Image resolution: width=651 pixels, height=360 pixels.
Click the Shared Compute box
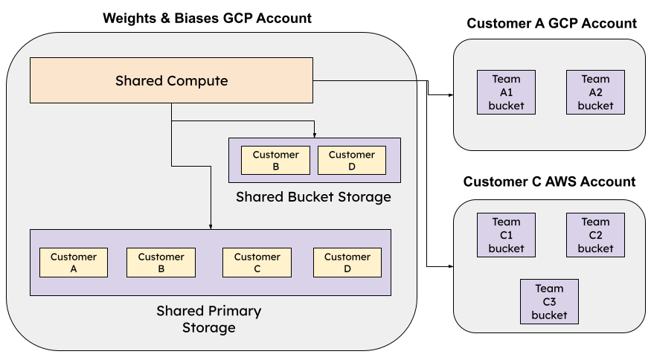coord(171,80)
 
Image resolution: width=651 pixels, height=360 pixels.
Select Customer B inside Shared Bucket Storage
coord(275,160)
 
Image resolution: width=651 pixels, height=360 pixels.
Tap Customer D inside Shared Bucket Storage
coord(351,160)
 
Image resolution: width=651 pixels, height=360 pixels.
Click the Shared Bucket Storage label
coord(313,197)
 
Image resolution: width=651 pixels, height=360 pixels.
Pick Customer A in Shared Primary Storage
coord(74,263)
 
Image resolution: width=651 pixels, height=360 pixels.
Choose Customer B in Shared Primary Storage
coord(161,263)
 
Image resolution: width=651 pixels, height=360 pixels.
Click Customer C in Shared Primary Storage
coord(257,263)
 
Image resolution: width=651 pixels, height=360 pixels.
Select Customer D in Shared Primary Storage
coord(347,263)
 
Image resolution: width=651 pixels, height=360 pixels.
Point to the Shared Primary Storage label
coord(209,319)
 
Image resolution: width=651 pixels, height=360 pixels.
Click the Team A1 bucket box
coord(506,92)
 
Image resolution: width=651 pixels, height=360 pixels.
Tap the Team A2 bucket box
coord(595,92)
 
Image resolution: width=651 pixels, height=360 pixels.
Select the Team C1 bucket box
coord(506,235)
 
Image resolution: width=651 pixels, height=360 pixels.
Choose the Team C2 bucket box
coord(595,235)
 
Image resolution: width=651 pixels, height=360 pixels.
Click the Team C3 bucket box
coord(549,302)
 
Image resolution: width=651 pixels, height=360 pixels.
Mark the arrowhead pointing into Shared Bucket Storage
coord(315,135)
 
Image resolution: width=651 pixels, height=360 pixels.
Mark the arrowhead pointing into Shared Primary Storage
coord(211,226)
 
